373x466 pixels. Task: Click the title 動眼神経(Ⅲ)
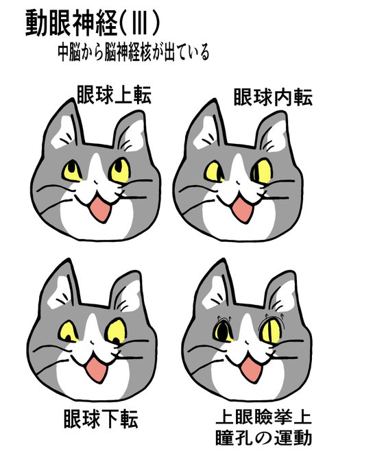tap(93, 24)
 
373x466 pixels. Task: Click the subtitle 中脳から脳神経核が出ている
tap(134, 53)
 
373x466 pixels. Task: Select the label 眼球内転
tap(273, 97)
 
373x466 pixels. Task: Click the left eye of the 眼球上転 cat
tap(72, 169)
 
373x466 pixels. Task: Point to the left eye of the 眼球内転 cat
tap(214, 170)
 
